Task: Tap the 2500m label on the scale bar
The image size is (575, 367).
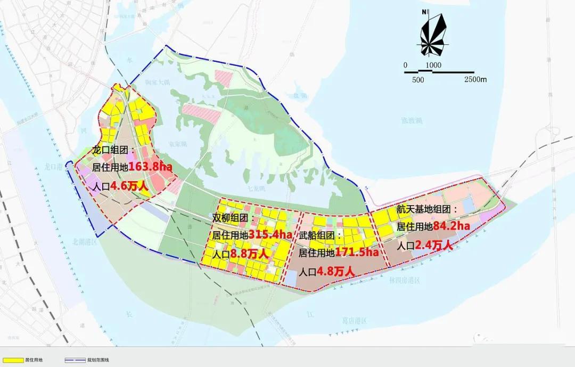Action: pos(475,79)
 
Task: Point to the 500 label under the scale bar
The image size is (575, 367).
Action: pos(418,79)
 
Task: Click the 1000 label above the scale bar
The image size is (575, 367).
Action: pos(433,65)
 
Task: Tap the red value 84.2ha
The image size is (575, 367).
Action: pos(451,226)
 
